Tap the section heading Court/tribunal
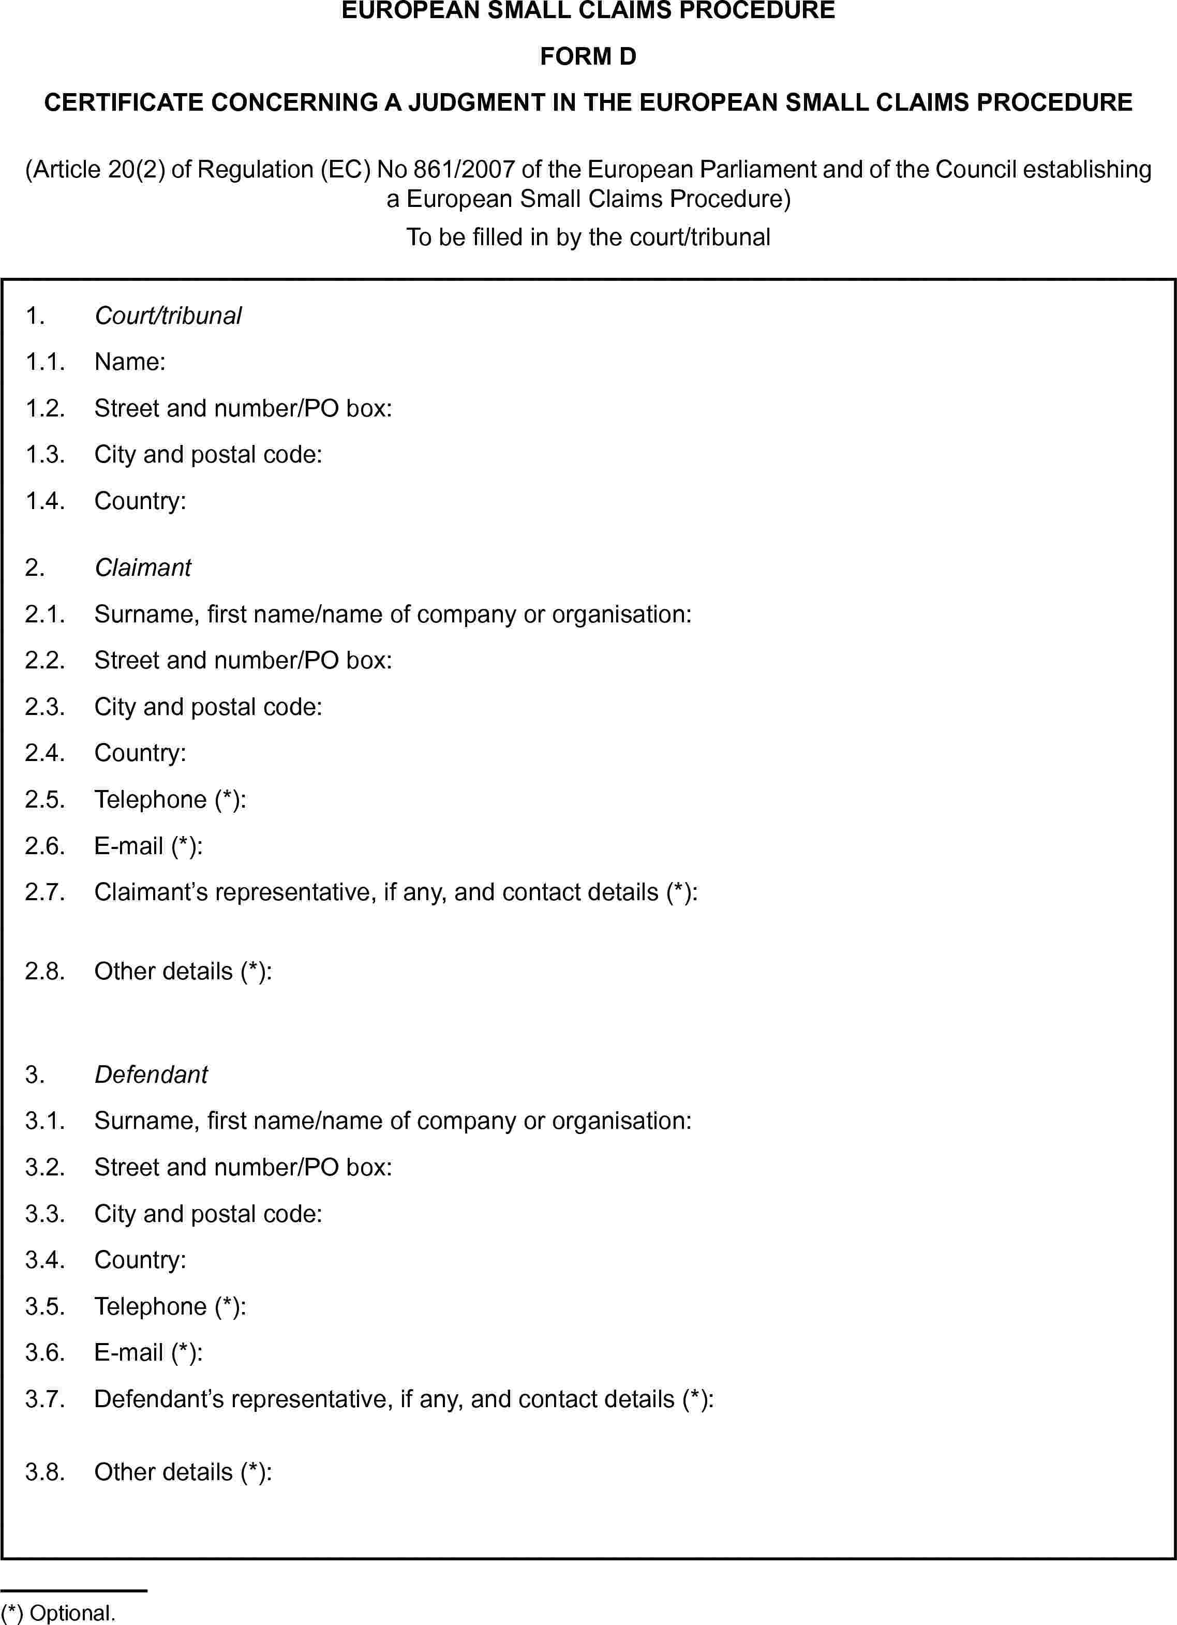(168, 316)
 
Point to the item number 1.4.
(44, 501)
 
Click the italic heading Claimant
(143, 568)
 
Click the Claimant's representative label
(395, 892)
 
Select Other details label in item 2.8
(183, 971)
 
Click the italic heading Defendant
(151, 1074)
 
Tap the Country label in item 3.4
(140, 1260)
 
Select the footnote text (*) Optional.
(58, 1613)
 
